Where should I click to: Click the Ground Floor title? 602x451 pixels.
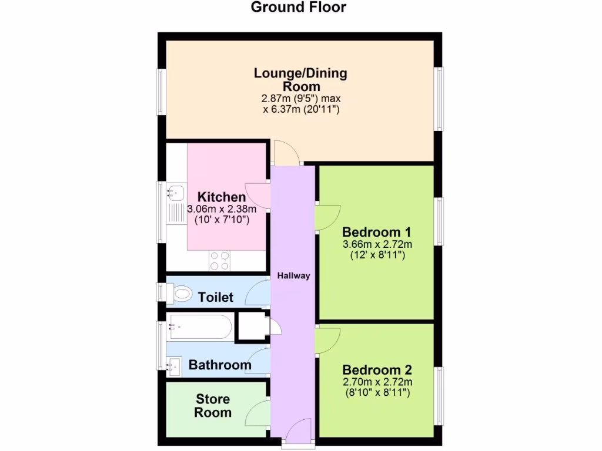coord(298,8)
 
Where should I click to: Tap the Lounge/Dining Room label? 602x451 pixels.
coord(300,80)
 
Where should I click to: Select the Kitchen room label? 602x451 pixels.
coord(221,197)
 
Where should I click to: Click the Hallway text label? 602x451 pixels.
coord(293,275)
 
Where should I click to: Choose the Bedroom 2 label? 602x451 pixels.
coord(377,370)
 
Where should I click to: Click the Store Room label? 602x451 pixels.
coord(213,406)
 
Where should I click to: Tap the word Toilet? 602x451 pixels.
coord(216,297)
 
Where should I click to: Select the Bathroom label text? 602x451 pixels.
coord(220,365)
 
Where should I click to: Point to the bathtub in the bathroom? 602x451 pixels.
coord(200,326)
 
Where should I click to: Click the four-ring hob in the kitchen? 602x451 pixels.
coord(220,261)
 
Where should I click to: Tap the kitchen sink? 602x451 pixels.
coord(175,191)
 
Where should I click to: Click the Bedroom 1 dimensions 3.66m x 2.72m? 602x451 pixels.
coord(377,244)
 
